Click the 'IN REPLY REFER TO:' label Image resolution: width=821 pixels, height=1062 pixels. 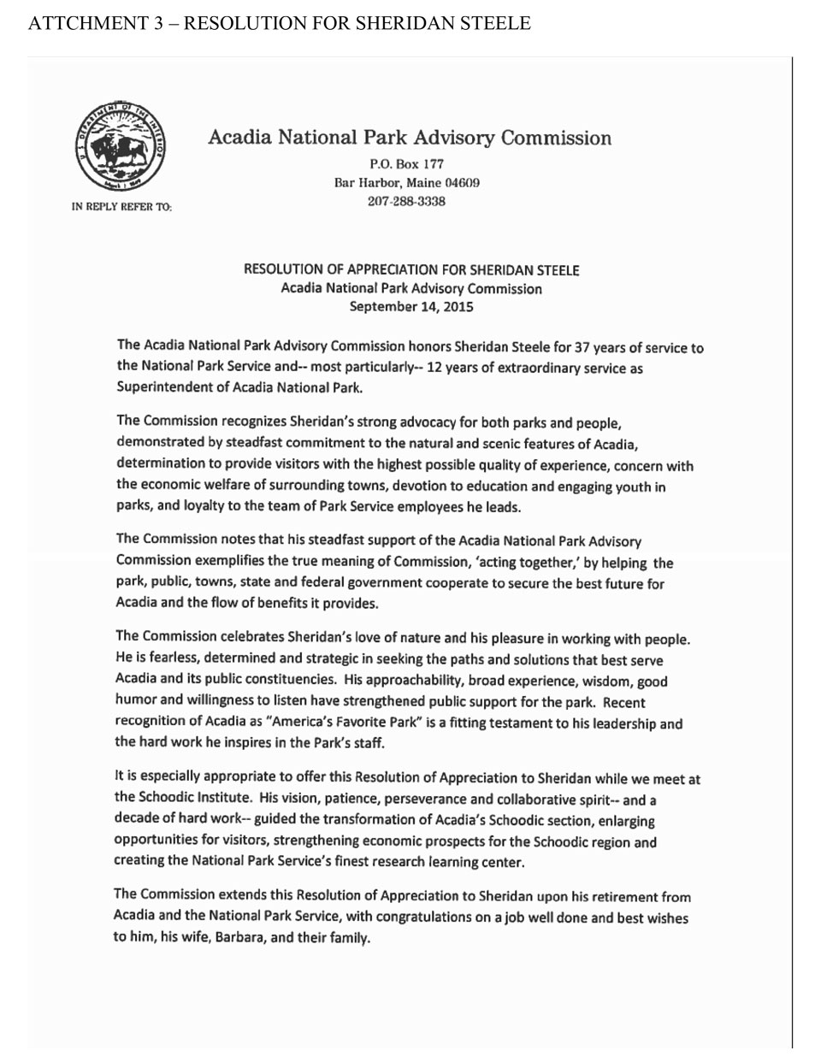[x=121, y=207]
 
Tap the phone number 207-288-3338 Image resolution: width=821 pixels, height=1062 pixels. [x=406, y=202]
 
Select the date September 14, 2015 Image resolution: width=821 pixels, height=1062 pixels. [x=411, y=307]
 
